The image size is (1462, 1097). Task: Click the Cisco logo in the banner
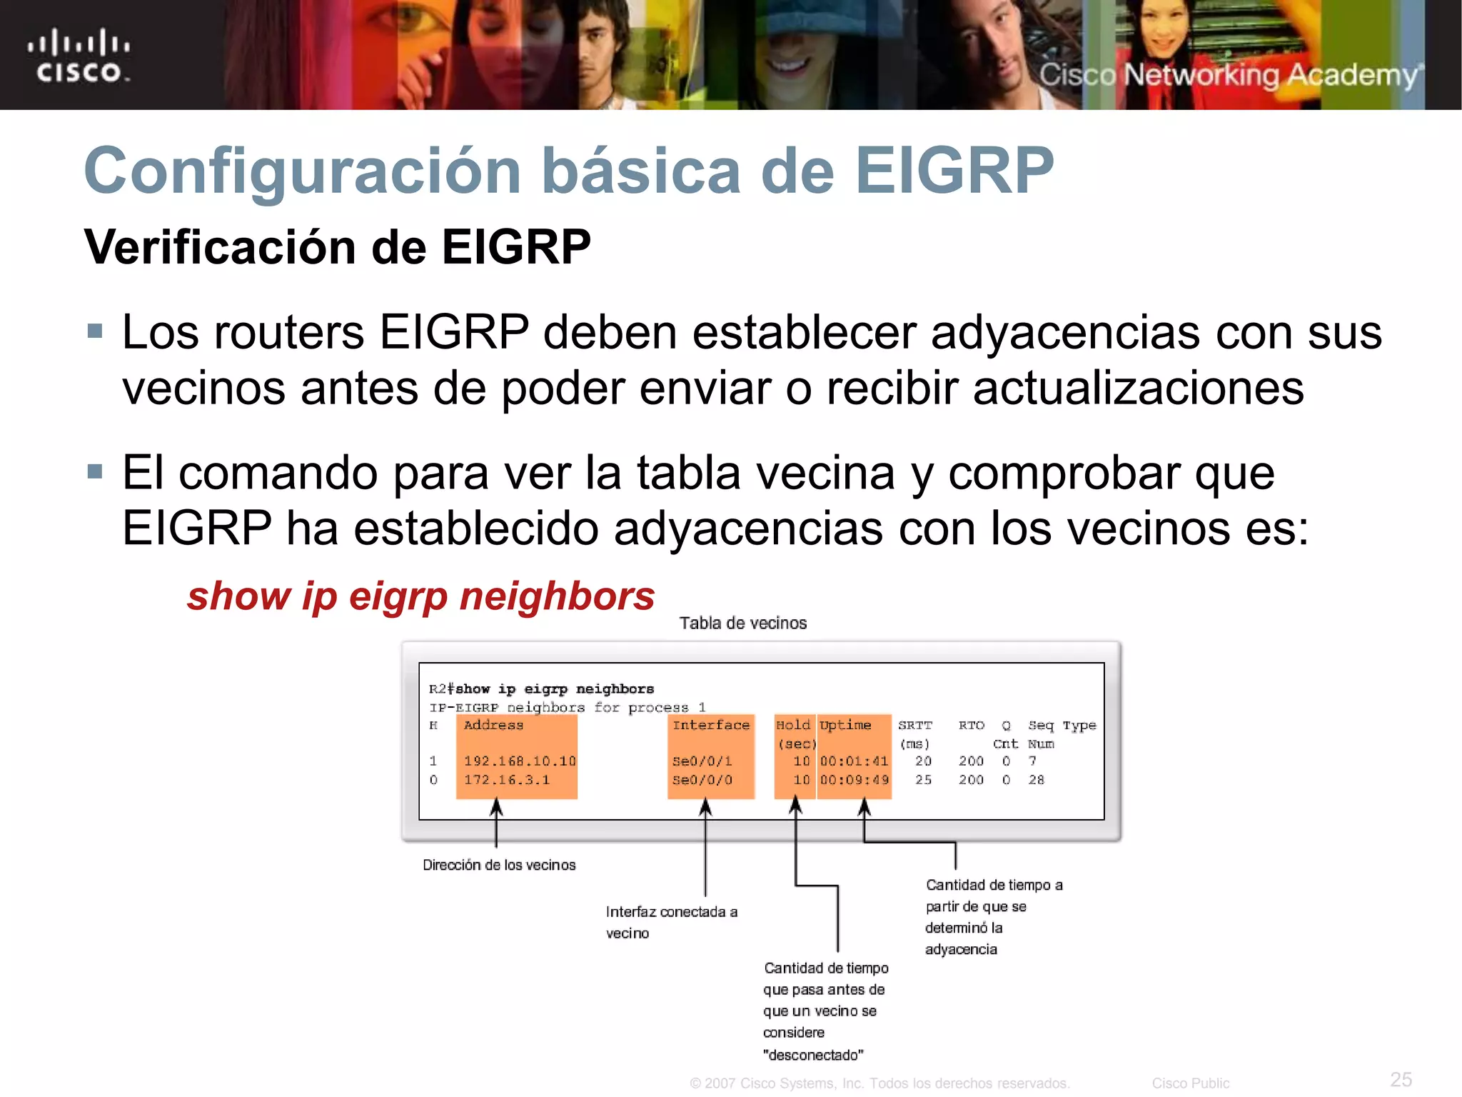(x=79, y=56)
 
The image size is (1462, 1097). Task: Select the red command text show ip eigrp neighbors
(x=420, y=596)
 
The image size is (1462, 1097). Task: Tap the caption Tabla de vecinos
(x=742, y=623)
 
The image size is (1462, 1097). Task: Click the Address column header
(x=493, y=726)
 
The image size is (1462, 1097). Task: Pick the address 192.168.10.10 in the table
(x=520, y=761)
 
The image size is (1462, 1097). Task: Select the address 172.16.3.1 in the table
(x=507, y=780)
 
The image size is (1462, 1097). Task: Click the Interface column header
(x=711, y=726)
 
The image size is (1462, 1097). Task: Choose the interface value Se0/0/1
(x=702, y=761)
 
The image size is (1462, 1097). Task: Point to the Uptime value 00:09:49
(x=854, y=780)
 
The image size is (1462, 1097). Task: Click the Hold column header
(x=793, y=726)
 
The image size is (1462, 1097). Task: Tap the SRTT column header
(x=915, y=726)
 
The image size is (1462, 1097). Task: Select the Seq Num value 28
(x=1036, y=780)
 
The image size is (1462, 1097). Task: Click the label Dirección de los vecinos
(x=499, y=865)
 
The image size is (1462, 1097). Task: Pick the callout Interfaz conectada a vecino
(x=671, y=922)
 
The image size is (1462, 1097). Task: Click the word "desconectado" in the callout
(x=813, y=1055)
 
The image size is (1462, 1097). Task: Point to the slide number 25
(x=1401, y=1079)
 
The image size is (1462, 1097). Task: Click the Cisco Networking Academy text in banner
(x=1228, y=75)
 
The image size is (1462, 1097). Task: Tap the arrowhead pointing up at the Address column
(x=496, y=807)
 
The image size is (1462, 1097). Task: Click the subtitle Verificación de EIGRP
(x=338, y=248)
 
